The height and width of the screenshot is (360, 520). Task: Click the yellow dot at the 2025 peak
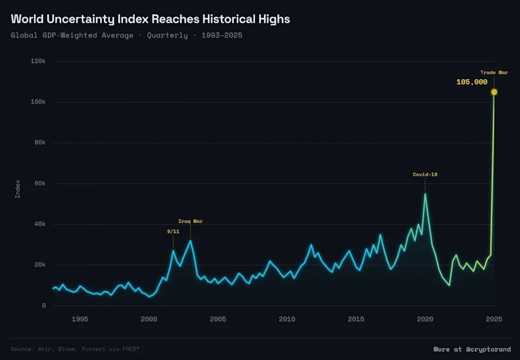tap(494, 92)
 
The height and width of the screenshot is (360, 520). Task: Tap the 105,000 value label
tap(472, 82)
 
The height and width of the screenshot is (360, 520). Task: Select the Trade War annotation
tap(494, 73)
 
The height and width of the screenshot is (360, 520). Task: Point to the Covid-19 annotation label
tap(425, 174)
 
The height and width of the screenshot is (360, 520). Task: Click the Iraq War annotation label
tap(190, 221)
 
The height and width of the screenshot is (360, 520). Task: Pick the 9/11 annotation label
tap(173, 231)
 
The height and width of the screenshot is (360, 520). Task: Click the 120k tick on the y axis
tap(38, 61)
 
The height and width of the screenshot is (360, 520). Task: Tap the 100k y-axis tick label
tap(38, 102)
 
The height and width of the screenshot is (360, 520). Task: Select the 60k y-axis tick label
tap(40, 184)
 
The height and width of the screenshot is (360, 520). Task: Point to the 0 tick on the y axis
tap(44, 306)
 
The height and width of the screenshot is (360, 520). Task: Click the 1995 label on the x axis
tap(80, 319)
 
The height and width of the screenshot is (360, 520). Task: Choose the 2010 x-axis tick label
tap(287, 319)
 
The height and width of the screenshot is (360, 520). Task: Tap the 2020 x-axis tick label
tap(425, 319)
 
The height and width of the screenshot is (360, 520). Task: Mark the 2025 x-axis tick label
tap(493, 319)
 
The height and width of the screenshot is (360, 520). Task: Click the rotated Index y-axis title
tap(17, 189)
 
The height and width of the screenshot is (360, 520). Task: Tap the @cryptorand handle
tap(488, 349)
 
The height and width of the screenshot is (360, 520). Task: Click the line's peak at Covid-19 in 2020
tap(425, 194)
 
